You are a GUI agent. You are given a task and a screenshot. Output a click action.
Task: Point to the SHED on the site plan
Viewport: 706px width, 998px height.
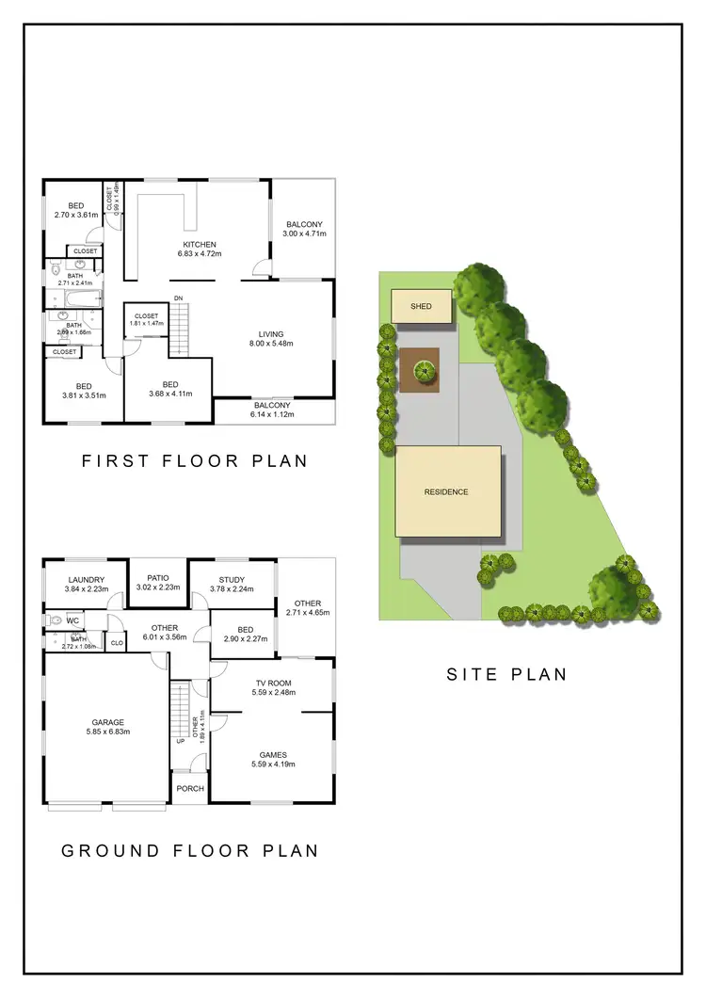(420, 307)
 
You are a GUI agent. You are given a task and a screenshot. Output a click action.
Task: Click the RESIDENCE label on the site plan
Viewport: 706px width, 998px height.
(446, 491)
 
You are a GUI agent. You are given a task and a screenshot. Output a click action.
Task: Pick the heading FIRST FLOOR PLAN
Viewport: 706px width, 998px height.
(195, 460)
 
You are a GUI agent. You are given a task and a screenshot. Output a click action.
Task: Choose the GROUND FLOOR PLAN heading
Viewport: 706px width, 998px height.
(189, 850)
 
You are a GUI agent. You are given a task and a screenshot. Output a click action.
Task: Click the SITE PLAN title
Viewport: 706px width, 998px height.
(506, 673)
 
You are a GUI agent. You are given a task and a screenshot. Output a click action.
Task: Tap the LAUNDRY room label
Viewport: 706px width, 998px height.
(86, 580)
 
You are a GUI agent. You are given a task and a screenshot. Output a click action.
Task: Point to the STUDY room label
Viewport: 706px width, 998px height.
(232, 580)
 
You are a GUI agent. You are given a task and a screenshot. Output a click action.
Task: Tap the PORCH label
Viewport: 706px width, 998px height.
(189, 788)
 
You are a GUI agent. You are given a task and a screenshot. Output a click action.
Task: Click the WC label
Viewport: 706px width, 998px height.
(72, 620)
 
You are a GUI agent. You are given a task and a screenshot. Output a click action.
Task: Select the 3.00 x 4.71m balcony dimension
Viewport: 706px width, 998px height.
(305, 233)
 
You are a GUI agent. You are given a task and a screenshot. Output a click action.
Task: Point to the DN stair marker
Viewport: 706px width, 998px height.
(178, 298)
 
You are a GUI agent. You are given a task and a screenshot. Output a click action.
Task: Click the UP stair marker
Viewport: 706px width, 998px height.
(180, 741)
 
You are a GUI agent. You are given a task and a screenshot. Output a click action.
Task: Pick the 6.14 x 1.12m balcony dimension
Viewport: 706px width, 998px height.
(272, 414)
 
